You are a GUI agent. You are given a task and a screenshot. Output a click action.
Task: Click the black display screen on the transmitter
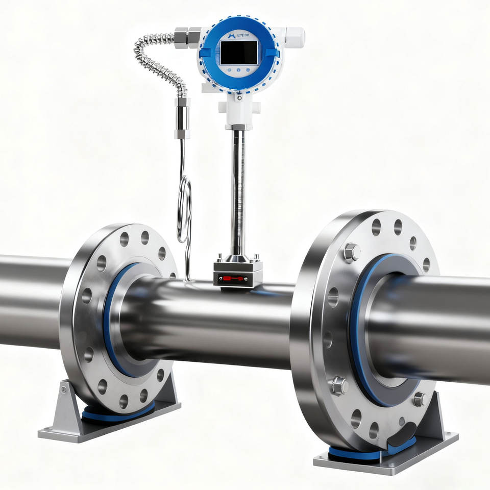coord(238,52)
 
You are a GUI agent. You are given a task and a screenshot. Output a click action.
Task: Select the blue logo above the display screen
coord(227,34)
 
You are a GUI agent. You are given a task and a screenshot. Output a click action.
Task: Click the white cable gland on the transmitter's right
coord(295,36)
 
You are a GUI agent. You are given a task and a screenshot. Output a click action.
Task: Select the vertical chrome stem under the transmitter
coord(237,194)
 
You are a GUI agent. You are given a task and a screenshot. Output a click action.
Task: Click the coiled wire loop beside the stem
coord(184,209)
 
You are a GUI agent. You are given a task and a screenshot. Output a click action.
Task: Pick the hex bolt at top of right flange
coord(352,252)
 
